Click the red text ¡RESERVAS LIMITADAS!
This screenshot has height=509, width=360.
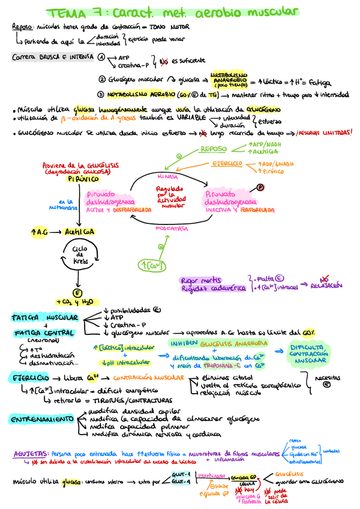click(322, 133)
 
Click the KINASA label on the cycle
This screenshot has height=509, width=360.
click(168, 177)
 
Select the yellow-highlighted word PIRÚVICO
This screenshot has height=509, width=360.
click(82, 179)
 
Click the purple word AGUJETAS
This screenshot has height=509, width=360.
click(30, 454)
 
